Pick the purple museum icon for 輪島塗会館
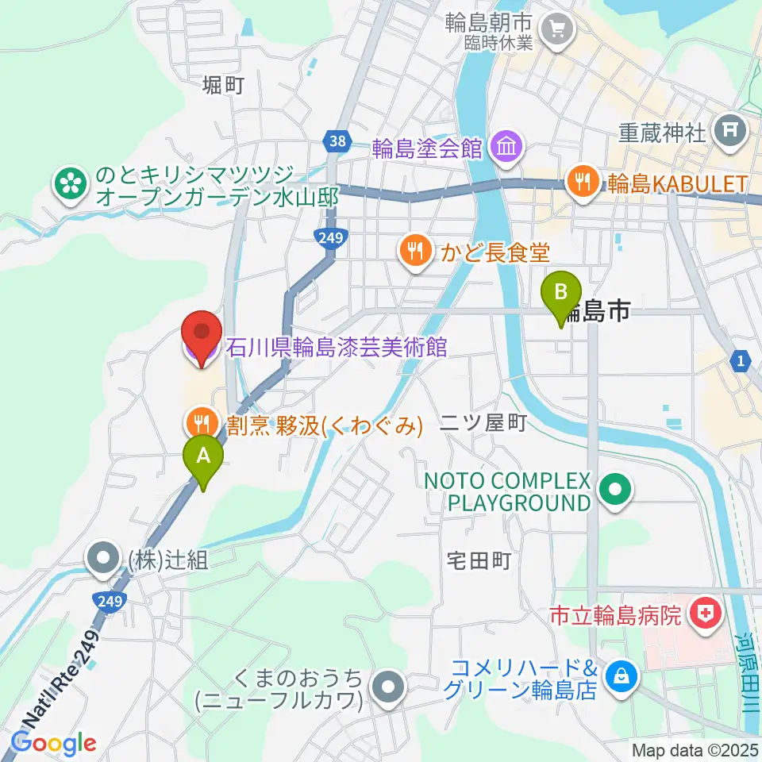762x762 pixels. tap(506, 146)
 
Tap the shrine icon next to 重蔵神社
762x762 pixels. tap(728, 128)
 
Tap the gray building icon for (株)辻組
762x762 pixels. tap(105, 560)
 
